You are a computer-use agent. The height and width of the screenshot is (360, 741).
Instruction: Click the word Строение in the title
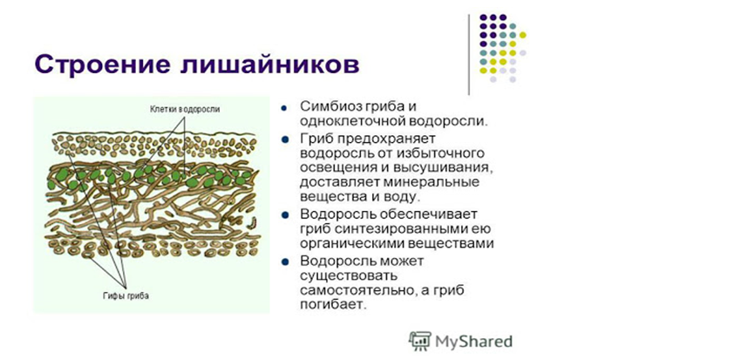point(102,65)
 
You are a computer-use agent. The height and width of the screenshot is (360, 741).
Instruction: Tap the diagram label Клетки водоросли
point(185,109)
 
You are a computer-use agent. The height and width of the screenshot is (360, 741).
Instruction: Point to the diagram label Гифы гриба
point(126,296)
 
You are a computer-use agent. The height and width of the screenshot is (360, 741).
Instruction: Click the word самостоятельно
point(356,289)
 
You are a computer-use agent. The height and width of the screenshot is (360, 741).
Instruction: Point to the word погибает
point(333,304)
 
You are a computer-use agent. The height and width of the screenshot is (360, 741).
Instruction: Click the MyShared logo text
point(473,341)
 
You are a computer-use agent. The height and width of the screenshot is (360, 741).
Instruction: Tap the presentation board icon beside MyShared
point(419,341)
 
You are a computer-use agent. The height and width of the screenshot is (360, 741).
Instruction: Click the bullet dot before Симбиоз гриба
point(283,108)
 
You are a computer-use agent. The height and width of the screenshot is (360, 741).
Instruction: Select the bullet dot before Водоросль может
point(284,262)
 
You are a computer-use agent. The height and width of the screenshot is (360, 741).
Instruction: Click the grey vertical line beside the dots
point(469,54)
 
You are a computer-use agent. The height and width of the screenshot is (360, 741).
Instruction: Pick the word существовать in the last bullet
point(346,275)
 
